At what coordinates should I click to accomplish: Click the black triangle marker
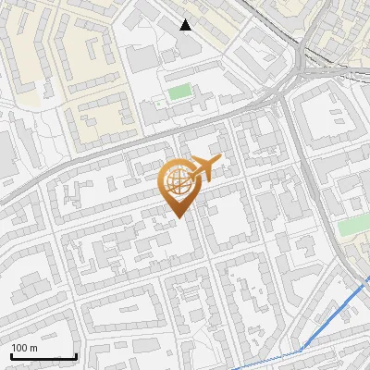pyautogui.click(x=186, y=25)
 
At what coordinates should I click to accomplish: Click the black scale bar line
pyautogui.click(x=43, y=356)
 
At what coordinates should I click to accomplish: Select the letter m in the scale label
pyautogui.click(x=34, y=348)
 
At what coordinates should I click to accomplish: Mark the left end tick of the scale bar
pyautogui.click(x=11, y=354)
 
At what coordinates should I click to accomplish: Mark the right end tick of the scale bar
pyautogui.click(x=76, y=354)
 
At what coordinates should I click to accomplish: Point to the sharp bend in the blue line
pyautogui.click(x=301, y=349)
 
